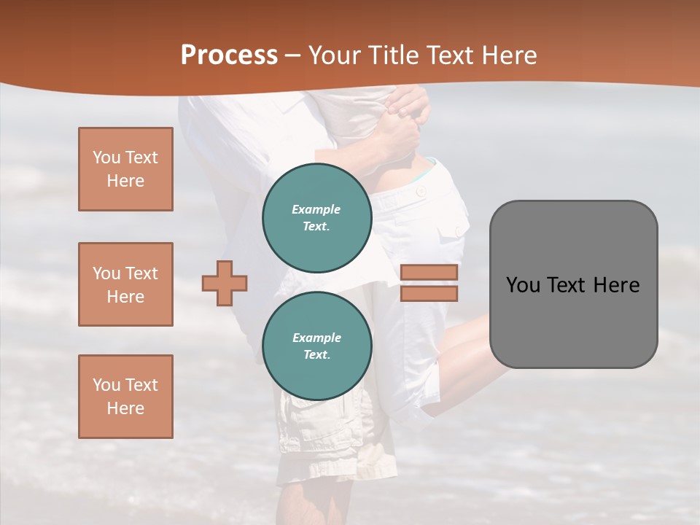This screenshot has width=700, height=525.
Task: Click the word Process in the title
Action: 229,55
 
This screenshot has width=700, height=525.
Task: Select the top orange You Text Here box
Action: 125,169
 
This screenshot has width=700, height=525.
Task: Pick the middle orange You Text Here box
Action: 125,284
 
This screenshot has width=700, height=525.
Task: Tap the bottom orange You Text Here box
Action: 125,396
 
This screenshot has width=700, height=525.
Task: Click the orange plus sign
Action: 225,283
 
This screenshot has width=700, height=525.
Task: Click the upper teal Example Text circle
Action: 316,217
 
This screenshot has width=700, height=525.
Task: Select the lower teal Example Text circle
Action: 316,346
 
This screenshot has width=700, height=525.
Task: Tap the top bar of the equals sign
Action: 429,273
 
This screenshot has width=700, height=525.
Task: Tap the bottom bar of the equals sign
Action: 429,293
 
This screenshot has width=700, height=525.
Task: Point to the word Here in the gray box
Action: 616,285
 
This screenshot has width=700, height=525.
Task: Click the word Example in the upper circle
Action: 316,209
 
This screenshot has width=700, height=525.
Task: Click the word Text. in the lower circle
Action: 316,355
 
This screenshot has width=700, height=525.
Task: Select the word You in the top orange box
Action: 106,157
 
